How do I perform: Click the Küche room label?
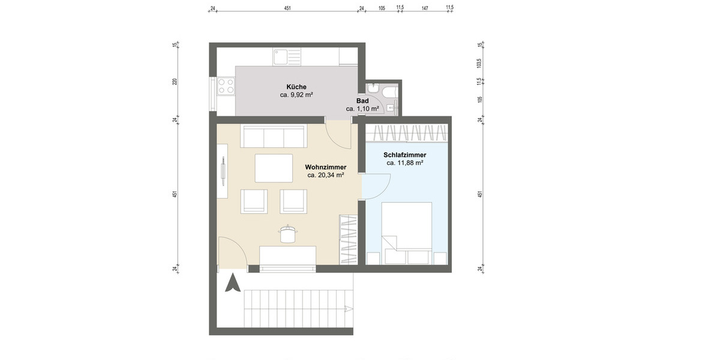pyautogui.click(x=296, y=87)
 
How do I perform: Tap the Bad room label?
pyautogui.click(x=362, y=101)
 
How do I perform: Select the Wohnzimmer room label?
pyautogui.click(x=325, y=167)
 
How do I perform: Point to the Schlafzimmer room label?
pyautogui.click(x=405, y=154)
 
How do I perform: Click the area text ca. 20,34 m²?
pyautogui.click(x=325, y=176)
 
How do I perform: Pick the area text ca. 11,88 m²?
pyautogui.click(x=405, y=163)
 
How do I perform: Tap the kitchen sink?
pyautogui.click(x=281, y=57)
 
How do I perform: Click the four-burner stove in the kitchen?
pyautogui.click(x=226, y=86)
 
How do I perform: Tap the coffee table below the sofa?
pyautogui.click(x=274, y=168)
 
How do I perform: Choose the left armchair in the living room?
pyautogui.click(x=254, y=200)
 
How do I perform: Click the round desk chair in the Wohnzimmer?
pyautogui.click(x=287, y=233)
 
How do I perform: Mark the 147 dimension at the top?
pyautogui.click(x=425, y=8)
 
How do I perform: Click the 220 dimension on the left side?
pyautogui.click(x=175, y=82)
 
